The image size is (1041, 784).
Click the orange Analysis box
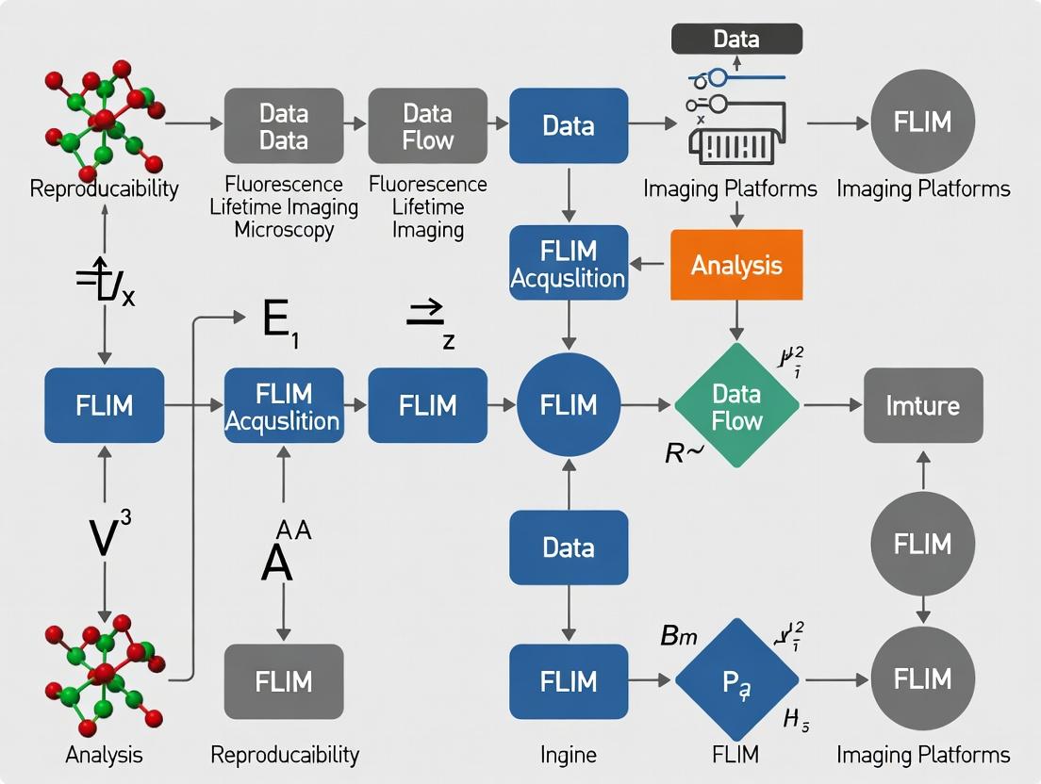pyautogui.click(x=736, y=265)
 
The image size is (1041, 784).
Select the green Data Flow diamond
pyautogui.click(x=736, y=405)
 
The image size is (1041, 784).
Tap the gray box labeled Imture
pyautogui.click(x=923, y=405)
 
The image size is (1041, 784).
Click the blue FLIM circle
pyautogui.click(x=569, y=405)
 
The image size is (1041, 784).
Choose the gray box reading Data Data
pyautogui.click(x=284, y=126)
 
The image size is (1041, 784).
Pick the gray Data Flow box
pyautogui.click(x=427, y=126)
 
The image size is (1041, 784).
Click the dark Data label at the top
pyautogui.click(x=736, y=39)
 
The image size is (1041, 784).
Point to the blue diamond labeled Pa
pyautogui.click(x=736, y=679)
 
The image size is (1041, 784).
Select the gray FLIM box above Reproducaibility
pyautogui.click(x=284, y=679)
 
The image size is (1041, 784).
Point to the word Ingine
pyautogui.click(x=568, y=754)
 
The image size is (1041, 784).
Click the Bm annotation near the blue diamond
pyautogui.click(x=678, y=636)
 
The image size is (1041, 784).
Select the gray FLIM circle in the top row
pyautogui.click(x=922, y=122)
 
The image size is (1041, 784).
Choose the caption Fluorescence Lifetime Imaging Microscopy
pyautogui.click(x=284, y=207)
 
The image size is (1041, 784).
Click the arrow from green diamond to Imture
pyautogui.click(x=832, y=405)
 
